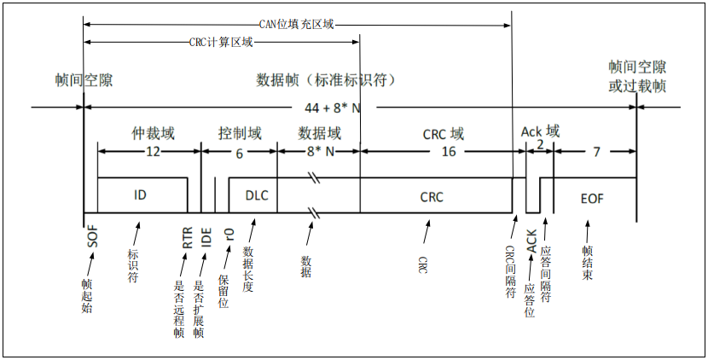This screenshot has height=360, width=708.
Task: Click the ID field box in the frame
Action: tap(142, 195)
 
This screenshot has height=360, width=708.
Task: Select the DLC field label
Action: tap(257, 195)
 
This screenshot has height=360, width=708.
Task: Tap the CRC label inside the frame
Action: tap(432, 196)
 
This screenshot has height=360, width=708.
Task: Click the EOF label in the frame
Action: tap(592, 198)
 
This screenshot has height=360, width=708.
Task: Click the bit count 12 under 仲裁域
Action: tap(153, 151)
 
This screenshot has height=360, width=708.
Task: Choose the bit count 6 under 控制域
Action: tap(239, 154)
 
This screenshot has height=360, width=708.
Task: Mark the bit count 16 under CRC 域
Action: tap(448, 151)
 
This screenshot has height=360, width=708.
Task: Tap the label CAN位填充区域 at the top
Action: tap(296, 26)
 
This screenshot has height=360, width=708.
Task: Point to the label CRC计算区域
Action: tap(220, 42)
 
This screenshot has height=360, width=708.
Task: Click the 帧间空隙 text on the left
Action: tap(83, 80)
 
